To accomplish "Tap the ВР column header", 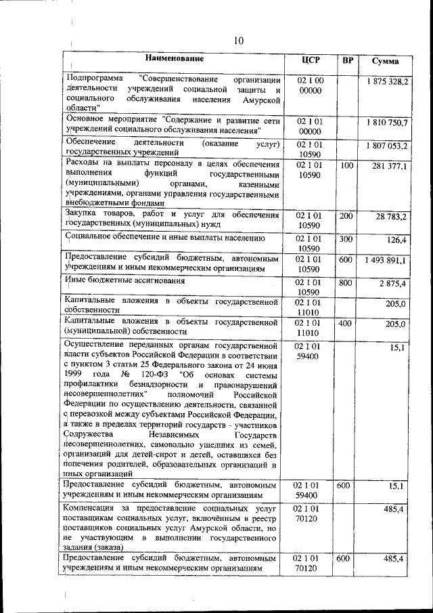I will pos(348,61).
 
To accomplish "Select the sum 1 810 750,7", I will pos(388,123).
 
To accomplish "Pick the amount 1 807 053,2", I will pos(388,146).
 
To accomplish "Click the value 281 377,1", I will pos(390,166).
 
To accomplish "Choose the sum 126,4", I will pos(395,240).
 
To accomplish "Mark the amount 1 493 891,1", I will pos(388,260).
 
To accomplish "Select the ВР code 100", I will pos(347,165).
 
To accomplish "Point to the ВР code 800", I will pos(346,281).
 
